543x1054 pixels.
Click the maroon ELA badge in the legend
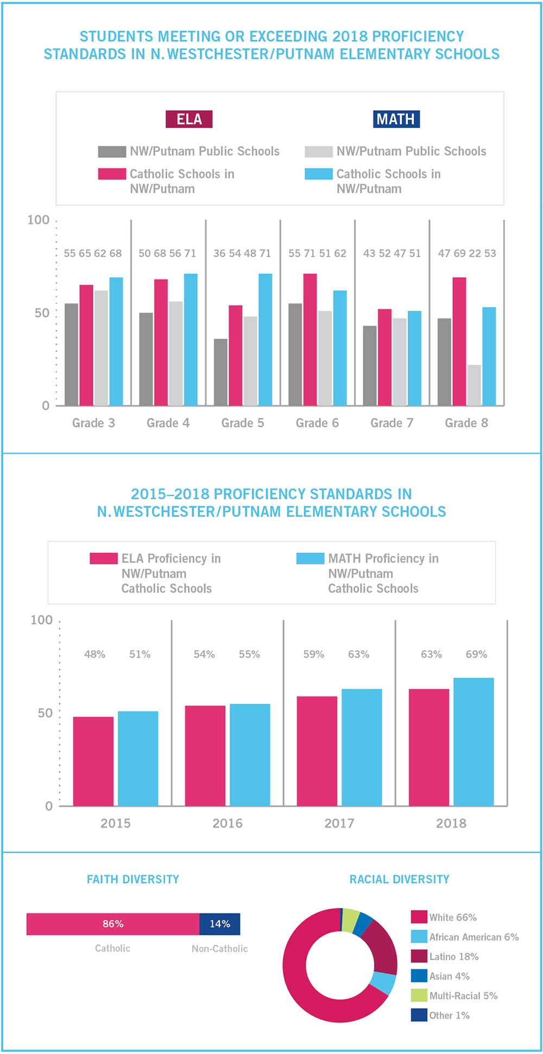pyautogui.click(x=189, y=119)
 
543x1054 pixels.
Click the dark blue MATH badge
pyautogui.click(x=396, y=119)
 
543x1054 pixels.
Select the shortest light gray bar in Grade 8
pyautogui.click(x=474, y=385)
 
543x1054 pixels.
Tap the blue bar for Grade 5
pyautogui.click(x=265, y=339)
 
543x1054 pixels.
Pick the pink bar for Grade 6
pyautogui.click(x=310, y=339)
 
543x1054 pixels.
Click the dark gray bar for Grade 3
pyautogui.click(x=71, y=354)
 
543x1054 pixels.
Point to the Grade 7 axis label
pyautogui.click(x=392, y=423)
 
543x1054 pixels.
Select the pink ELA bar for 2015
pyautogui.click(x=93, y=761)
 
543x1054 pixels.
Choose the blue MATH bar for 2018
pyautogui.click(x=473, y=741)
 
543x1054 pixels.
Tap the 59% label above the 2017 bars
pyautogui.click(x=313, y=655)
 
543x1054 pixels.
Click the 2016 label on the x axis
pyautogui.click(x=227, y=823)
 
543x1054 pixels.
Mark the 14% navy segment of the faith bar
pyautogui.click(x=219, y=924)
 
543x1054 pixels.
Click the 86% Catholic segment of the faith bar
pyautogui.click(x=113, y=924)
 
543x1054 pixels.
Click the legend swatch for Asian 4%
pyautogui.click(x=419, y=976)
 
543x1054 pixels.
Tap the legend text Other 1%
pyautogui.click(x=449, y=1015)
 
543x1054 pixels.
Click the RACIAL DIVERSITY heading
pyautogui.click(x=399, y=879)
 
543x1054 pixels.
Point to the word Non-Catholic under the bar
pyautogui.click(x=219, y=949)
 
